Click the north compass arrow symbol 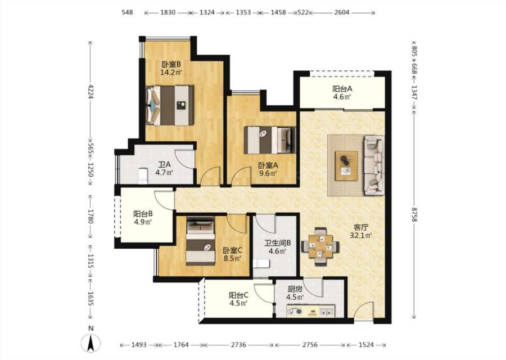pyautogui.click(x=91, y=343)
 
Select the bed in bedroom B pyautogui.click(x=170, y=105)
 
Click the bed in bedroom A pyautogui.click(x=270, y=140)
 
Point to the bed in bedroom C pyautogui.click(x=200, y=241)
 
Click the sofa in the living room pyautogui.click(x=374, y=165)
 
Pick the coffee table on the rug pyautogui.click(x=346, y=165)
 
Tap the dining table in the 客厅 pyautogui.click(x=320, y=247)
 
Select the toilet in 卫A pyautogui.click(x=142, y=175)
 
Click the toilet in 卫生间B pyautogui.click(x=261, y=264)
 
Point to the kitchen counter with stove pyautogui.click(x=310, y=312)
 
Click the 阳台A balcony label pyautogui.click(x=342, y=88)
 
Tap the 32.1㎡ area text pyautogui.click(x=361, y=235)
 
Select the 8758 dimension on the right pyautogui.click(x=414, y=214)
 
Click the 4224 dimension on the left pyautogui.click(x=91, y=92)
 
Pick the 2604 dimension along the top pyautogui.click(x=342, y=12)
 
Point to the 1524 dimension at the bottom pyautogui.click(x=366, y=345)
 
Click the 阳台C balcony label pyautogui.click(x=238, y=295)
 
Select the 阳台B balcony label pyautogui.click(x=143, y=214)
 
